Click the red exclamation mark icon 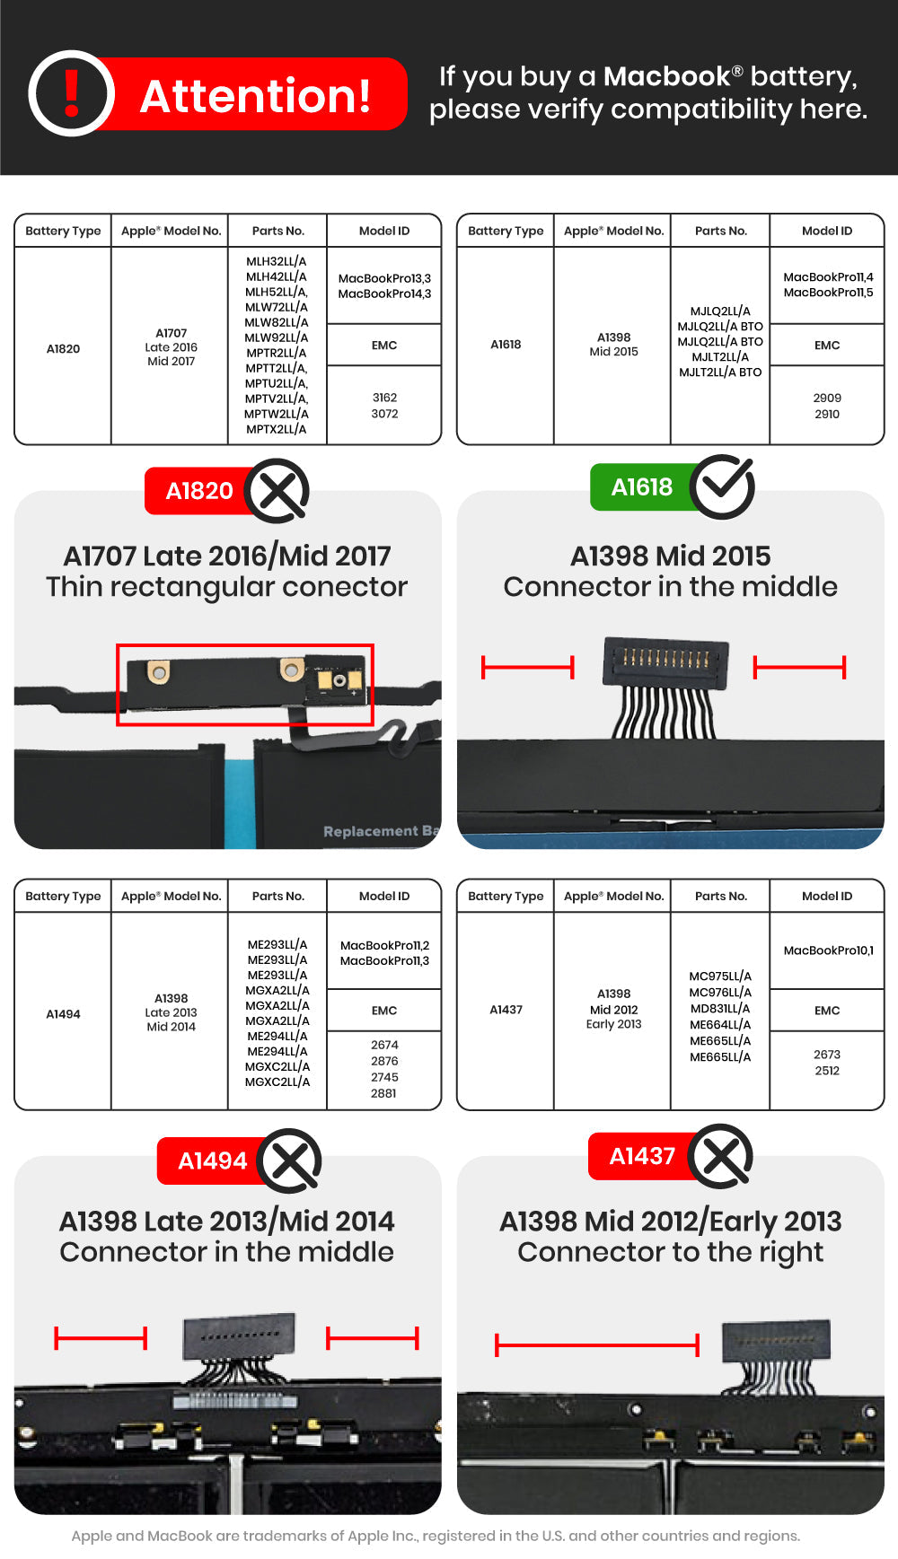coord(72,93)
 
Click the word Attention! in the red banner coord(256,96)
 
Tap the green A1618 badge coord(641,487)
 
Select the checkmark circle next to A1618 coord(723,486)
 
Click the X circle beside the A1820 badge coord(277,491)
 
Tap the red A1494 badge coord(212,1160)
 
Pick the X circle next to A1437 coord(722,1156)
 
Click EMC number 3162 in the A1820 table coord(384,398)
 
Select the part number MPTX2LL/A coord(277,429)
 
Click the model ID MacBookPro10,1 coord(828,950)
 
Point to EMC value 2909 coord(827,398)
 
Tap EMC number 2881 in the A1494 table coord(383,1093)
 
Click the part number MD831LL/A coord(720,1009)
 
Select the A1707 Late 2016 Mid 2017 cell coord(171,347)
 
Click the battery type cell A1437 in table coord(506,1010)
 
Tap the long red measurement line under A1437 coord(597,1344)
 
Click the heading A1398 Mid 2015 coord(670,556)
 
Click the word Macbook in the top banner coord(666,77)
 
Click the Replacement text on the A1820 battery coord(370,831)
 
